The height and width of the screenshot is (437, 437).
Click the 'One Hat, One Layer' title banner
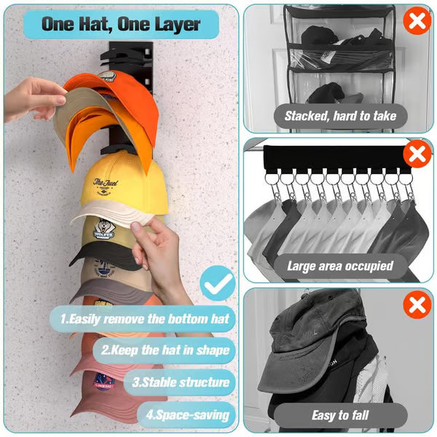point(120,24)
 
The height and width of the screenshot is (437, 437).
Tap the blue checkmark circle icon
point(216,284)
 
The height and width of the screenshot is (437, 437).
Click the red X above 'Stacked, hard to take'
point(417,21)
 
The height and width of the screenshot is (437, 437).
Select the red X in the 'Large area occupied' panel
point(417,154)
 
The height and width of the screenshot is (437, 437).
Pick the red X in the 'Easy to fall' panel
point(417,304)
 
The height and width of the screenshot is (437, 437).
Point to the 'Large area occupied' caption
point(340,266)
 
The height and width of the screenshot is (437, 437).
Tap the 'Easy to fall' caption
point(340,415)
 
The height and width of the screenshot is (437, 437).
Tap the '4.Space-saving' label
point(192,415)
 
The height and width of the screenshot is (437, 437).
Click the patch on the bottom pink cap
point(105,382)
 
